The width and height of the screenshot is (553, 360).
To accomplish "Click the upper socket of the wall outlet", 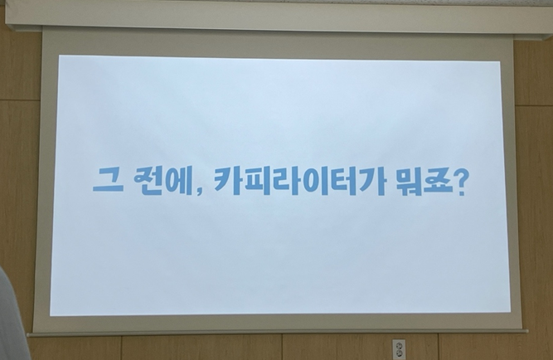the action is point(399,344).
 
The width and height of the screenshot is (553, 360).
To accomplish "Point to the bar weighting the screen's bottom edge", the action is point(278,333).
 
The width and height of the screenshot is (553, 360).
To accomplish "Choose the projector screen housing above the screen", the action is point(279,17).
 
